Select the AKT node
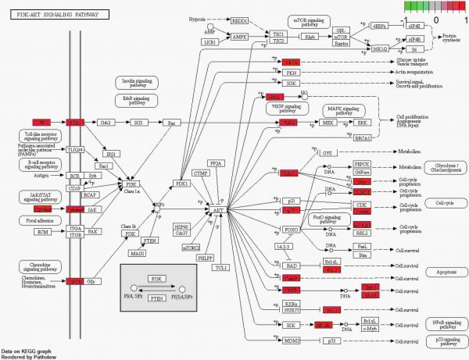coord(217,211)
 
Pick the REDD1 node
coord(238,20)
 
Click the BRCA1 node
coord(362,138)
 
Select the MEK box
coord(328,123)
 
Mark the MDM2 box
coord(291,341)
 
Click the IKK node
coord(291,324)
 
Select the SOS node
coord(138,123)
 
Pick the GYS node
coord(328,152)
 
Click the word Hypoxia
coord(199,18)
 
